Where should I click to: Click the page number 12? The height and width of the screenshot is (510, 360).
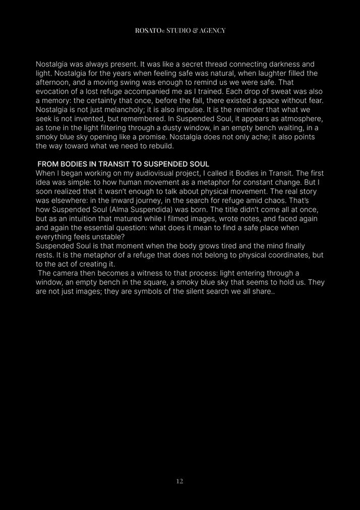(x=179, y=481)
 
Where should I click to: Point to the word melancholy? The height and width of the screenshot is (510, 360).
(x=125, y=110)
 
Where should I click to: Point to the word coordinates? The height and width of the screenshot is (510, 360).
(x=284, y=255)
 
